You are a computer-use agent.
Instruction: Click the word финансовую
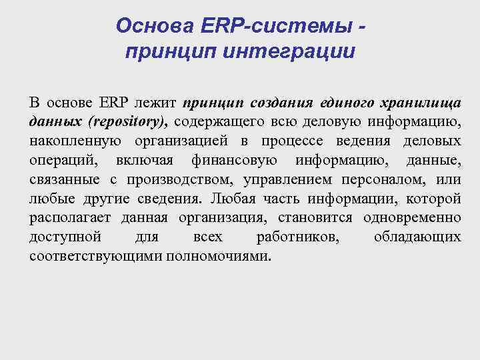[231, 161]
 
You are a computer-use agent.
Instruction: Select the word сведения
[167, 199]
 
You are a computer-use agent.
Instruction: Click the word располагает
[71, 218]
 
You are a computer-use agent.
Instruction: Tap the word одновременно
[412, 218]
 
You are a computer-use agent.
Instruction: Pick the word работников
[297, 237]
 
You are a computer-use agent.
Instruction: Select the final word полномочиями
[219, 257]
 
